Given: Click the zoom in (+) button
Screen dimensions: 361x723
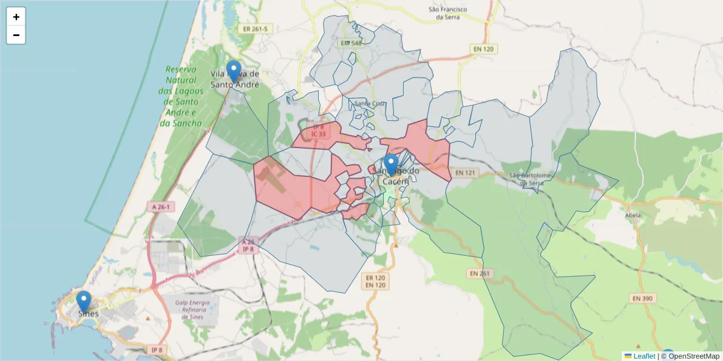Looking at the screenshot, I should click(x=16, y=17).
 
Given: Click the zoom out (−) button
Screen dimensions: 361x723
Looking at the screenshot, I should click(x=16, y=35).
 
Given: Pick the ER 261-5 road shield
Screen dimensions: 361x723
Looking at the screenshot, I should click(x=255, y=28).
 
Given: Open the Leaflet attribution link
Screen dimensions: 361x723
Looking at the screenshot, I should click(x=644, y=356).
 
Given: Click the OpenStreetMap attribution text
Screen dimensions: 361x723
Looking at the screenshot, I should click(x=692, y=356).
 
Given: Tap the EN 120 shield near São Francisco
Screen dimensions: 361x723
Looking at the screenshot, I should click(x=484, y=48).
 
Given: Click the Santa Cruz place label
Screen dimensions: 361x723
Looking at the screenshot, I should click(x=369, y=103).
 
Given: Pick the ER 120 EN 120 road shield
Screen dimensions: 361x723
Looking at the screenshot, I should click(x=375, y=280).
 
